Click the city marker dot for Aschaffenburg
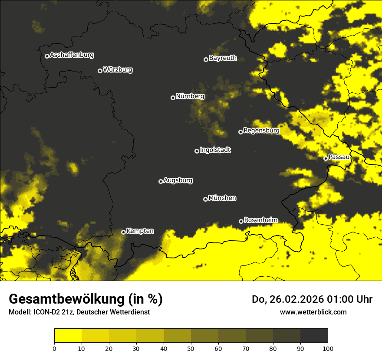coord(47,56)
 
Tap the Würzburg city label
coord(118,70)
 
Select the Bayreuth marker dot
coord(206,59)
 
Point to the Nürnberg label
coord(190,96)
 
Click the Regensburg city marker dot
coord(240,132)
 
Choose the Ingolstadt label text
coord(215,150)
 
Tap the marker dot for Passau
coord(326,158)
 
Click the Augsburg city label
coord(178,180)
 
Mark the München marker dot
coord(205,200)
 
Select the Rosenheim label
coord(260,220)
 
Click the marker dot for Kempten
coord(123,232)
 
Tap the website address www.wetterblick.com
coord(313,312)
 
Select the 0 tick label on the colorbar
coord(54,348)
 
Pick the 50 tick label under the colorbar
coord(191,348)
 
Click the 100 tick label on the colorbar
coord(328,348)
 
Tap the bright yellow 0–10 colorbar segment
coord(68,336)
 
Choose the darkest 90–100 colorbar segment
coord(314,336)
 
